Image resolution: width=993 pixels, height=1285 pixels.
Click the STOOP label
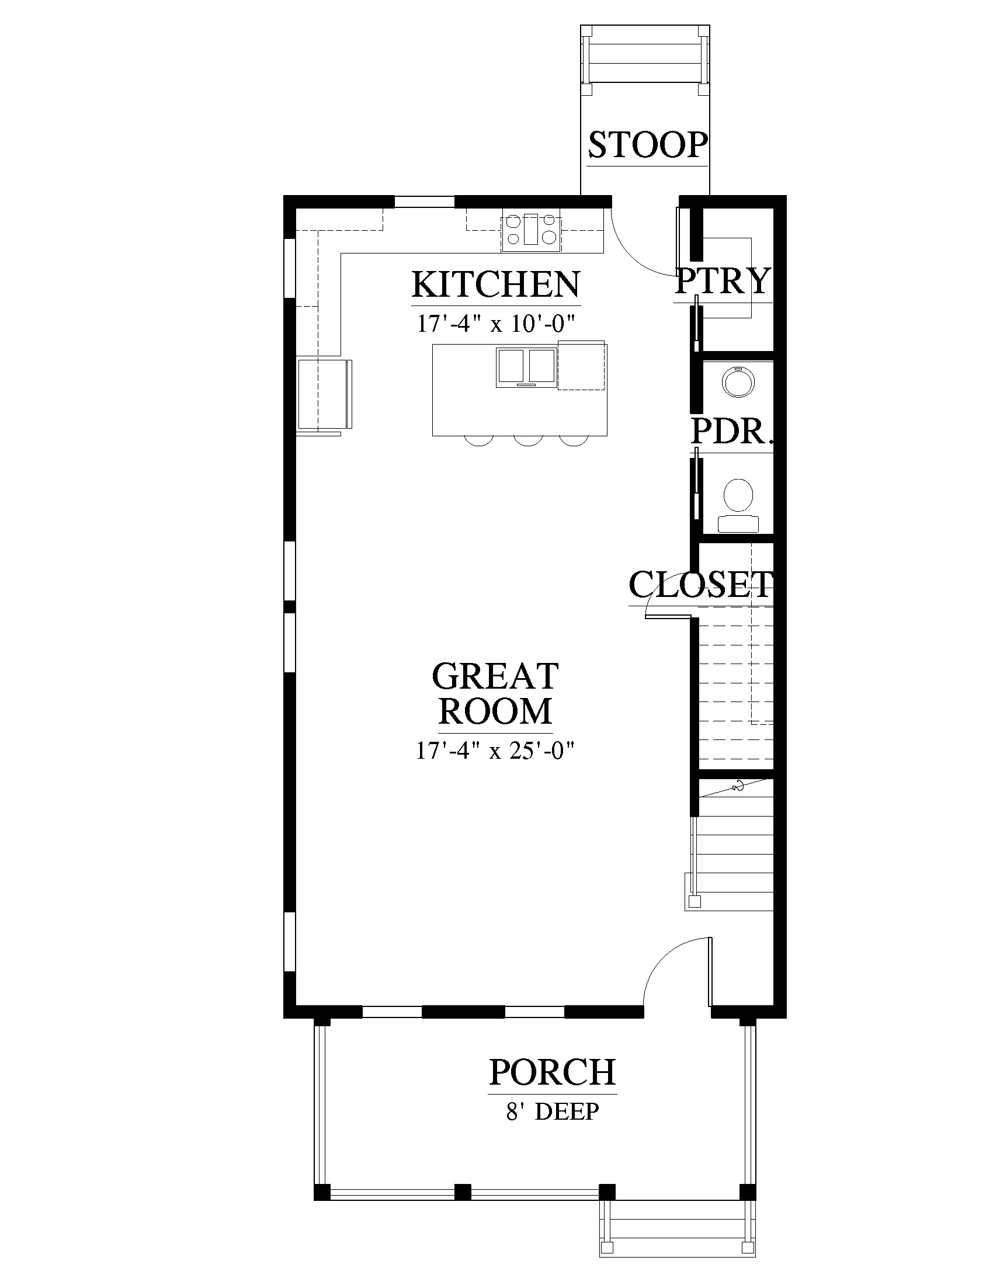click(x=648, y=145)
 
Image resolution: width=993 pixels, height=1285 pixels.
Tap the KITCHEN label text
click(x=496, y=284)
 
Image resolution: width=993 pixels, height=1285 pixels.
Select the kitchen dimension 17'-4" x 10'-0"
click(x=495, y=324)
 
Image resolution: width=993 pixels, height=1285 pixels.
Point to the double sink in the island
click(x=526, y=367)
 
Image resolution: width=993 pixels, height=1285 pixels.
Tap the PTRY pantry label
click(x=723, y=282)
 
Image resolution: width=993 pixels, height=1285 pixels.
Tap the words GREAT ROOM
click(x=495, y=693)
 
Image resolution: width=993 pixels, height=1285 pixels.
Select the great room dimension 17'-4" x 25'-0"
click(x=495, y=751)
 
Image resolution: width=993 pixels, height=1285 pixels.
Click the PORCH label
click(x=553, y=1072)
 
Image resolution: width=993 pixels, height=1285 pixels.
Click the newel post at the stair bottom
click(x=694, y=901)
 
